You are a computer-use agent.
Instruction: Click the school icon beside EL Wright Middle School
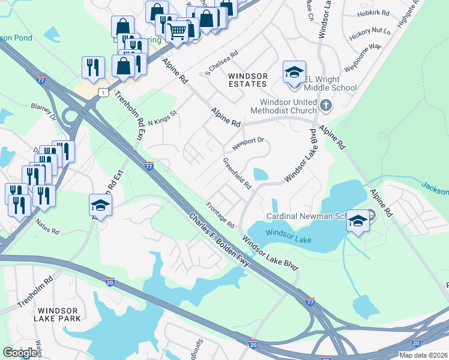coord(294,73)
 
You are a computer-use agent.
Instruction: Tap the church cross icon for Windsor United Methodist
coord(326,106)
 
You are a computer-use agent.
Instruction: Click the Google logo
coord(20,352)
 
